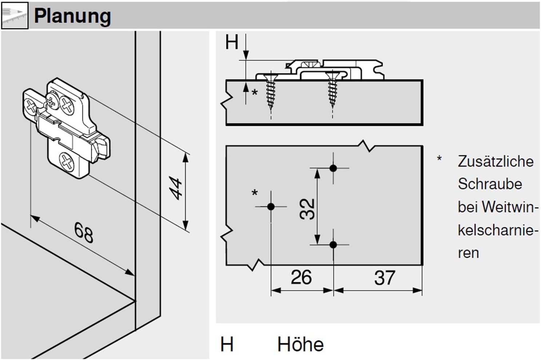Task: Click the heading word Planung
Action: click(72, 16)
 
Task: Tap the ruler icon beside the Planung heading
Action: click(14, 16)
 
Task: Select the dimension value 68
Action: click(84, 233)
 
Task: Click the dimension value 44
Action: click(176, 188)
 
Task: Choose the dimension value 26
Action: click(301, 278)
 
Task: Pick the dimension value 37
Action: click(385, 278)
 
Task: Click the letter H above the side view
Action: click(232, 43)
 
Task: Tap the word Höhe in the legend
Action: click(301, 345)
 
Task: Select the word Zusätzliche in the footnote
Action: click(496, 161)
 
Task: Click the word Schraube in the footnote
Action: click(490, 184)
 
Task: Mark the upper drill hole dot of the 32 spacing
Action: click(333, 168)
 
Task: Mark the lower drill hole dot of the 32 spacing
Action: click(333, 245)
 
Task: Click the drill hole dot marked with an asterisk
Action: click(271, 207)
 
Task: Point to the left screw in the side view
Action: click(271, 91)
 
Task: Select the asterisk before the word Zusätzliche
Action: click(439, 159)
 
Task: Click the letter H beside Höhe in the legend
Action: click(227, 345)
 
